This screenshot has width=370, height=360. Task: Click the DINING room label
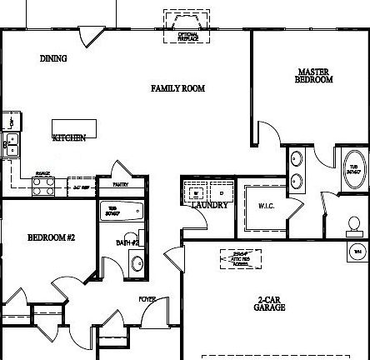pos(53,59)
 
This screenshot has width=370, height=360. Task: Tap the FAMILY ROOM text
pos(177,88)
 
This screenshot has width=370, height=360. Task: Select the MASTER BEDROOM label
pos(314,76)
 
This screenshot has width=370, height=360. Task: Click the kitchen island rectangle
pos(75,128)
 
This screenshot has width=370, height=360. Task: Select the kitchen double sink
pos(12,145)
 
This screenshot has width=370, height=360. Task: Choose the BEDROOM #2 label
pos(52,237)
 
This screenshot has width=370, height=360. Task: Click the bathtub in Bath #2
pos(122,211)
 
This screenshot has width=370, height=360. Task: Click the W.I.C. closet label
pos(266,205)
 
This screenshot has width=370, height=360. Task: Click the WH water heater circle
pos(358,250)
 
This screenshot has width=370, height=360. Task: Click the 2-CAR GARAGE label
pos(271,303)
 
